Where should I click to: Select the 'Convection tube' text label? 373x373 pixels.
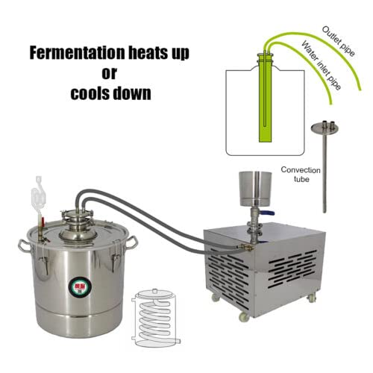(x=301, y=174)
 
